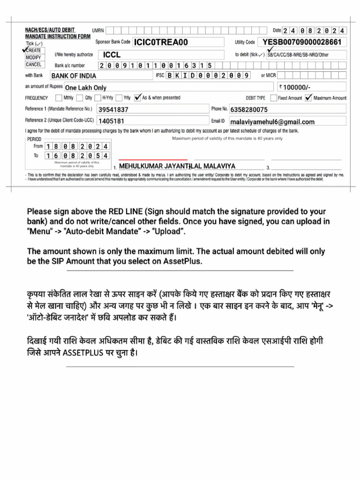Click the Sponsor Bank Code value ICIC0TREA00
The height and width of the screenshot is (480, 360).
(161, 43)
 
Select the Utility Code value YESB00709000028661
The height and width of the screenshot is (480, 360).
(305, 42)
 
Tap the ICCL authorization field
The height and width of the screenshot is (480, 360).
(112, 55)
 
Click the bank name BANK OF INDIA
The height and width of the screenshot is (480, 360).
(74, 76)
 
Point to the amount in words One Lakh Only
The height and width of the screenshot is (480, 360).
(86, 88)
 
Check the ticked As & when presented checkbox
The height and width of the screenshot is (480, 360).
(137, 98)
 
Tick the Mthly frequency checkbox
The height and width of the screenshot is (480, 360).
(58, 98)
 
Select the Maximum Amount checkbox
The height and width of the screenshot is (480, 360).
(308, 98)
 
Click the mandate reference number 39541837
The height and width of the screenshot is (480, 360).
(113, 110)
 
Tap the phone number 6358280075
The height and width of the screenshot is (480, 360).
(249, 110)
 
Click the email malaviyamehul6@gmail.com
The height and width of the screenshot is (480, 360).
(272, 122)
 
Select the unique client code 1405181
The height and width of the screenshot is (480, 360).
(111, 121)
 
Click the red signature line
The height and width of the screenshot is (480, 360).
(153, 159)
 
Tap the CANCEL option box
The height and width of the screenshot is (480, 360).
(33, 65)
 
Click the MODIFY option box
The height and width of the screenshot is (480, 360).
(33, 58)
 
